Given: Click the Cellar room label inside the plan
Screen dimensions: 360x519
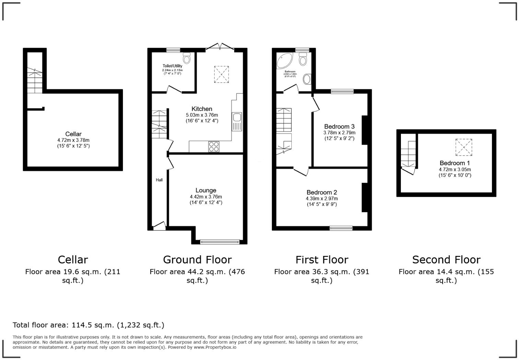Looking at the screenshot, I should point(73,134).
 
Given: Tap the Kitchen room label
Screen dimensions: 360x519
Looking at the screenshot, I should point(202,109).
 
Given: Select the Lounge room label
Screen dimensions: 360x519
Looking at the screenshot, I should point(206,190).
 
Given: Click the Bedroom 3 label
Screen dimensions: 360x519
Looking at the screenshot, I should point(339,126).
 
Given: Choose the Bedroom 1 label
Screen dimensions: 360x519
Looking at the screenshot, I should point(454,163).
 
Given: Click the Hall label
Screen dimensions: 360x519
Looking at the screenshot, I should point(159,180).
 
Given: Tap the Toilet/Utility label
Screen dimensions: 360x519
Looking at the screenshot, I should point(172,66).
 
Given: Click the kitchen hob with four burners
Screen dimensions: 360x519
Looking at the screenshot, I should point(214,147).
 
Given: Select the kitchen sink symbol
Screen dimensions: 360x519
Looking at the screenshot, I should point(237,122).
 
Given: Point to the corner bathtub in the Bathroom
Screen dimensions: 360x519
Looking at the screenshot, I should point(284,61).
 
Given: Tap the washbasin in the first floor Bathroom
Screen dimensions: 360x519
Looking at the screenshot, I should point(307,79).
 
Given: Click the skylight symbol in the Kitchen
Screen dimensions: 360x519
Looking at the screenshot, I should point(221,74).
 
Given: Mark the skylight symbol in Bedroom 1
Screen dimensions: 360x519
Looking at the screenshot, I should point(464,147).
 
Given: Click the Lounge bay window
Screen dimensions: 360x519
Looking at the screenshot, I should point(220,242).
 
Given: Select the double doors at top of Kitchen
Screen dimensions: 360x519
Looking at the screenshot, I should point(220,47).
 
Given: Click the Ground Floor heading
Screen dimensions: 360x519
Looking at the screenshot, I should point(197,260).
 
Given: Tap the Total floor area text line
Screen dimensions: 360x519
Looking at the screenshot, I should point(89,325).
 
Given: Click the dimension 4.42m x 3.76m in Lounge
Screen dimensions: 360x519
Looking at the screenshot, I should point(206,197).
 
